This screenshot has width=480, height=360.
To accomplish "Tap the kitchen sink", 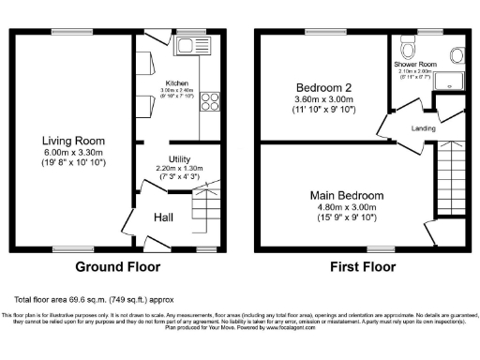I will click(x=192, y=45).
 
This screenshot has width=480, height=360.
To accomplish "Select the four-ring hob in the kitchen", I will click(x=208, y=100).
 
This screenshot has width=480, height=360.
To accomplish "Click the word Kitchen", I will click(x=178, y=82).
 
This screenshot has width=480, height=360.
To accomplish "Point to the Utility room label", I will click(x=181, y=159).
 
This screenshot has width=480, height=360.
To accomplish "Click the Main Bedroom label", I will click(x=342, y=196).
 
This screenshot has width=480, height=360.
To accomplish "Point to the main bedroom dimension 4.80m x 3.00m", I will click(x=342, y=208).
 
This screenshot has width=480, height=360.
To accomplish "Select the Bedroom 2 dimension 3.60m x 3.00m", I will click(x=322, y=96).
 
